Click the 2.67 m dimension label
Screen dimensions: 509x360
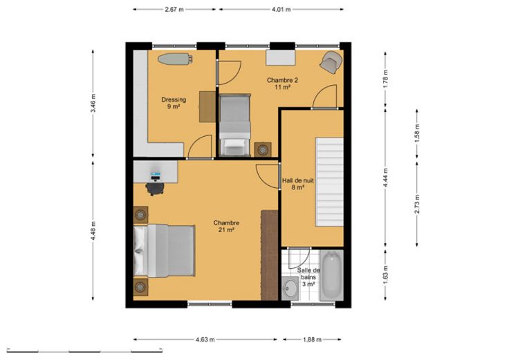tap(174, 10)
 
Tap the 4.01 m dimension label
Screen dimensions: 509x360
tap(281, 10)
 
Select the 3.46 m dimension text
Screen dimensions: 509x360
tap(93, 103)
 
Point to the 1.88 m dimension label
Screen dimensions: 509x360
tap(312, 339)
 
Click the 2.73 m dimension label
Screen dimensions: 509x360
tap(417, 204)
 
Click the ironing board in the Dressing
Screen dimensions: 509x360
tap(175, 58)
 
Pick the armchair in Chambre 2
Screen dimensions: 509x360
tap(331, 62)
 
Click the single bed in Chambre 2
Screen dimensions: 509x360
tap(234, 124)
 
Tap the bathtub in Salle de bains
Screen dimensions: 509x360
tap(331, 276)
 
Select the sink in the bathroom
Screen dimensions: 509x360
tap(290, 288)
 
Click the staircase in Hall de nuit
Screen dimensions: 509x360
tap(329, 182)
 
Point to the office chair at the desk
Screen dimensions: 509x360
tap(155, 189)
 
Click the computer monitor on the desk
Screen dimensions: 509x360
tap(156, 176)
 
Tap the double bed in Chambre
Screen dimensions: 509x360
tap(165, 251)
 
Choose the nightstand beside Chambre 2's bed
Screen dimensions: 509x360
tap(263, 150)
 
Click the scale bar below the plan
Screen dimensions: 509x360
tap(84, 350)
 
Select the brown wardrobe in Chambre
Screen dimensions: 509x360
tap(270, 255)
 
